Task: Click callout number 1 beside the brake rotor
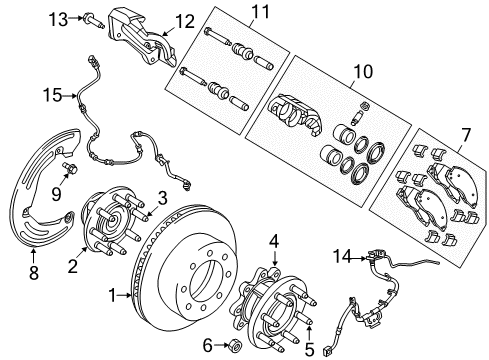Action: [x=113, y=295]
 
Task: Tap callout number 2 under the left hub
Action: [x=72, y=265]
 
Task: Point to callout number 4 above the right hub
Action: [x=274, y=240]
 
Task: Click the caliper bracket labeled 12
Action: [x=137, y=40]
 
